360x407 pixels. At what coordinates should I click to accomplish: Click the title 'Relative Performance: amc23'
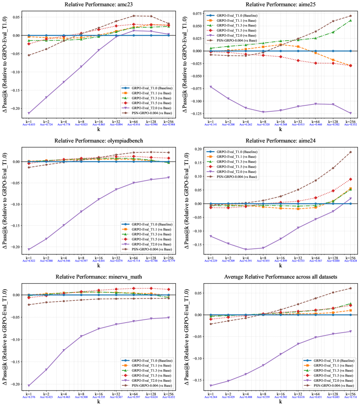click(99, 4)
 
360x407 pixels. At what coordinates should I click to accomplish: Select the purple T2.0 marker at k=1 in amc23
click(29, 113)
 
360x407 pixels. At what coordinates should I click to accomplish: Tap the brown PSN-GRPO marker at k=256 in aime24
click(350, 152)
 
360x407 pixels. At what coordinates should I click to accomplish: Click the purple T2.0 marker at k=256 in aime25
click(350, 113)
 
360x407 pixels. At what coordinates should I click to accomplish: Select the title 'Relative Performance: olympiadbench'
click(99, 140)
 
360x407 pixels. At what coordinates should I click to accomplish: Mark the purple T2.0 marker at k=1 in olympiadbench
click(29, 250)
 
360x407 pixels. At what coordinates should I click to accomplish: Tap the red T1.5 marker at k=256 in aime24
click(350, 179)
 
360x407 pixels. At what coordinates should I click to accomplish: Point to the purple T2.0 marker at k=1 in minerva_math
click(29, 385)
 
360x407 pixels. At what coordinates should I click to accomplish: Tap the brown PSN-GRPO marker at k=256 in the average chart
click(350, 288)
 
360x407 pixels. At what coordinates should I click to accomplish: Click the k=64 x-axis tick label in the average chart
click(315, 392)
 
